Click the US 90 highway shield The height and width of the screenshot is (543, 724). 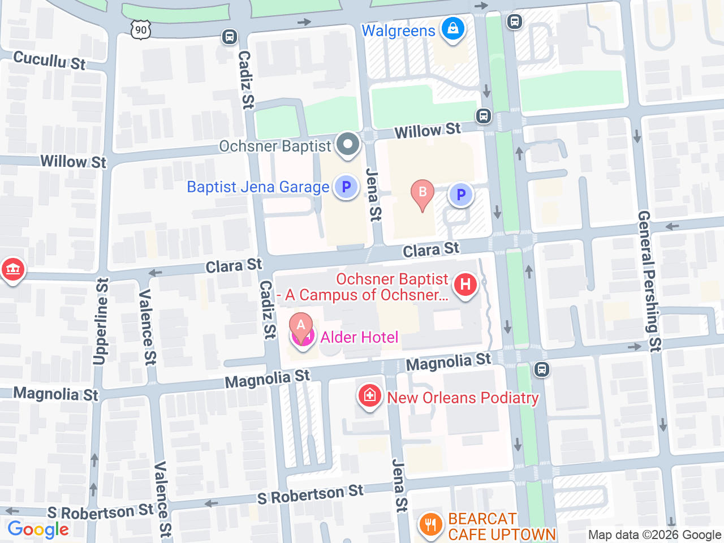tap(141, 30)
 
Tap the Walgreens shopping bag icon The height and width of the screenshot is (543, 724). tap(453, 28)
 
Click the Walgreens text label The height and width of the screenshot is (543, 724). tap(398, 31)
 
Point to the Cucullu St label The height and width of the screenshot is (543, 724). tap(49, 60)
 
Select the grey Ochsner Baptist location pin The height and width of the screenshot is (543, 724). tap(348, 144)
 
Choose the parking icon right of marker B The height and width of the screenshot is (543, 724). tap(461, 195)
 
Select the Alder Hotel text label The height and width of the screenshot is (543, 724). tap(359, 338)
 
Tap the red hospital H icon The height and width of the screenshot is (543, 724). tap(466, 284)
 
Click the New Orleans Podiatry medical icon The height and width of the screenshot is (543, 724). tap(369, 395)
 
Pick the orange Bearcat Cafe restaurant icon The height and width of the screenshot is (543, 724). tap(431, 524)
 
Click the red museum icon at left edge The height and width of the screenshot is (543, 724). tap(12, 269)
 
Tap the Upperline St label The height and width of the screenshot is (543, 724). tap(101, 321)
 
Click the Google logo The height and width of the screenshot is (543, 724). tap(38, 530)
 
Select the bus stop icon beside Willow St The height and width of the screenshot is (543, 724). tap(483, 116)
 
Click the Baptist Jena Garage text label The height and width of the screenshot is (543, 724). tap(258, 187)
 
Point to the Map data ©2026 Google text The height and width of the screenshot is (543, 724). tap(654, 535)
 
